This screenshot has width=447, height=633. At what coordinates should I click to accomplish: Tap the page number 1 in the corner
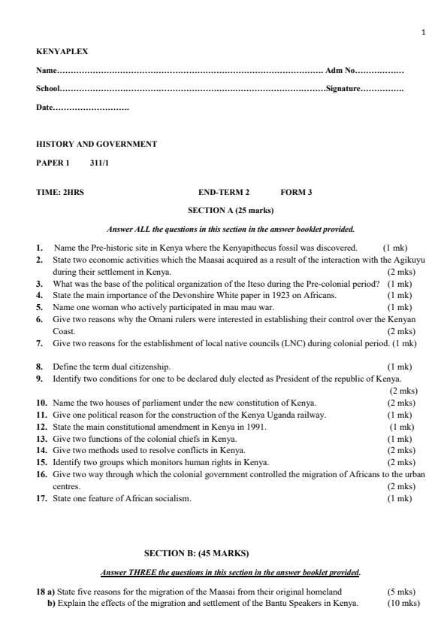(x=424, y=32)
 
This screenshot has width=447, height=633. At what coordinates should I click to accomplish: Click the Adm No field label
(x=339, y=71)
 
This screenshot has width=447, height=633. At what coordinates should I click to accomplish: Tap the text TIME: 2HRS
(x=60, y=192)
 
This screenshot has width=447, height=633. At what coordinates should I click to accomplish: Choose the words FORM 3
(x=296, y=192)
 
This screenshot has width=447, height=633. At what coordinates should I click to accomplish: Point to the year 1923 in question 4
(x=268, y=295)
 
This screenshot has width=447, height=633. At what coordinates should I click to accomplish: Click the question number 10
(x=42, y=403)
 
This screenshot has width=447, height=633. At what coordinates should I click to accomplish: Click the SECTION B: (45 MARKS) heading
(x=196, y=553)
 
